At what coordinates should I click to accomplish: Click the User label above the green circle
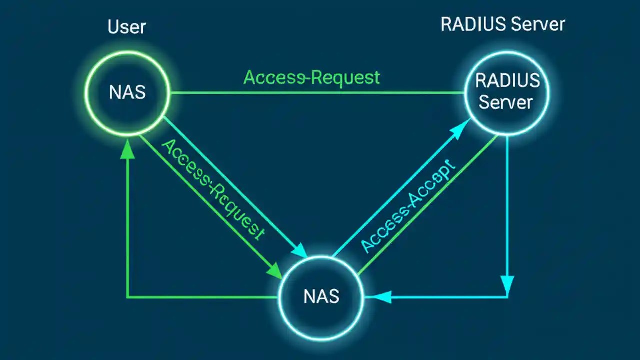coord(127,27)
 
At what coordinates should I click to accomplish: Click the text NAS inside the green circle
coord(127,92)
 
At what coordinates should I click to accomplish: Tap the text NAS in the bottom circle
coord(321,296)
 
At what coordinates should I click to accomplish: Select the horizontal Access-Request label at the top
coord(312,78)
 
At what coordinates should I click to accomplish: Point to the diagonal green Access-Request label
coord(213,190)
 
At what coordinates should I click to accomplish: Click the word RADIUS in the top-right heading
coord(470,24)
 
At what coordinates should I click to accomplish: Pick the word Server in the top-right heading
coord(535,24)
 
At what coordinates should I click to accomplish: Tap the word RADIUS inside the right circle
coord(507,81)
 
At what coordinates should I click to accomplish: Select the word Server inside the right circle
coord(506,103)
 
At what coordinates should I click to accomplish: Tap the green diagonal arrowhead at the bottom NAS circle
coord(275,271)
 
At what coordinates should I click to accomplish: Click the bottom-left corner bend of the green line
coord(128,297)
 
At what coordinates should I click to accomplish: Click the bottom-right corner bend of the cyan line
coord(508,297)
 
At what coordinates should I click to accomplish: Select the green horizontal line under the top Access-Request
coord(315,93)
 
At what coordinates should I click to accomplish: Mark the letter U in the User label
coord(113,27)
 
